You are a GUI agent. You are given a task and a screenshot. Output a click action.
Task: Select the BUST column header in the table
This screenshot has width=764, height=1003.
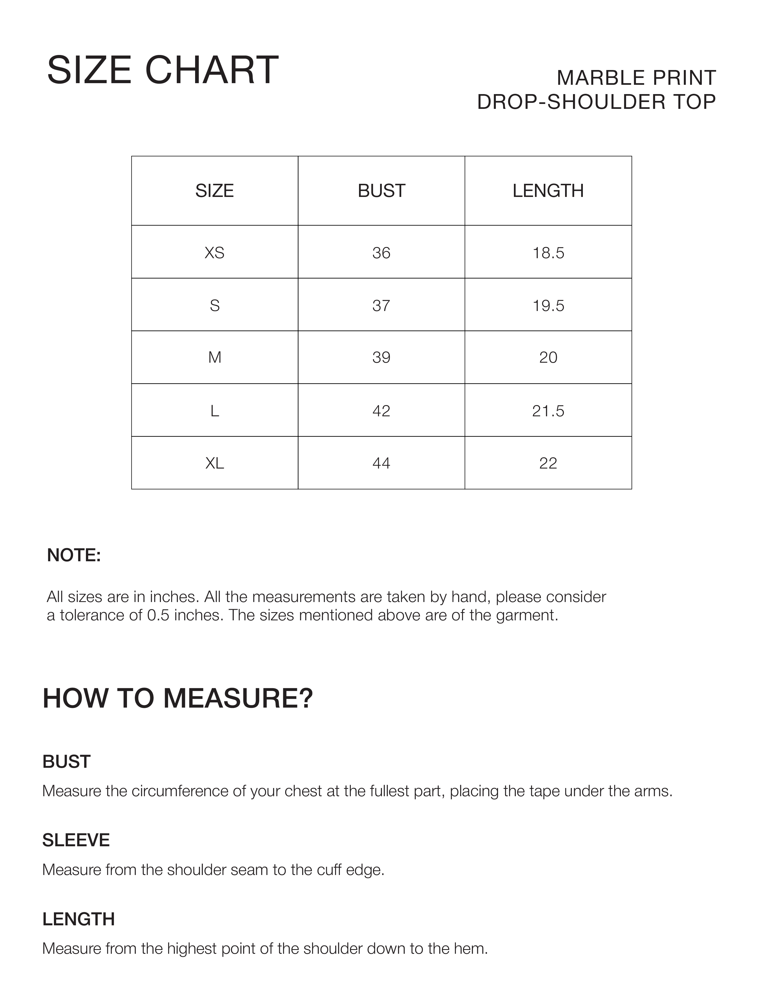pyautogui.click(x=381, y=191)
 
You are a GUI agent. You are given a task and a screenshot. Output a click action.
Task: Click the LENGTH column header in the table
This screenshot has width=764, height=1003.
pyautogui.click(x=548, y=191)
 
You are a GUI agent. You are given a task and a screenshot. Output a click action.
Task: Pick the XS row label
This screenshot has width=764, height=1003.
pyautogui.click(x=215, y=253)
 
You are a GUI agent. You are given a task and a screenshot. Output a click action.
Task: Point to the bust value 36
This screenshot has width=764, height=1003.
pyautogui.click(x=381, y=253)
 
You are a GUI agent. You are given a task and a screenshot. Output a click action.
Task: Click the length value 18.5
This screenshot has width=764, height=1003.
pyautogui.click(x=548, y=253)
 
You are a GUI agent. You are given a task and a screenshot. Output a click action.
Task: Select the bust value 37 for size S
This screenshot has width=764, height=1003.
pyautogui.click(x=381, y=306)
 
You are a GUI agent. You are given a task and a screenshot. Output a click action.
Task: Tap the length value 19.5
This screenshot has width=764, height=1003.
pyautogui.click(x=548, y=306)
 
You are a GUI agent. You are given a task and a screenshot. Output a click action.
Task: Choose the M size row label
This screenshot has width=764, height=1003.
pyautogui.click(x=215, y=358)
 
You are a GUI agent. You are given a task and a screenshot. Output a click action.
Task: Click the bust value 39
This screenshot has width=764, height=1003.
pyautogui.click(x=381, y=358)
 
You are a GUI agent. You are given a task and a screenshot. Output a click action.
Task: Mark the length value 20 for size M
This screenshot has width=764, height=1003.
pyautogui.click(x=548, y=358)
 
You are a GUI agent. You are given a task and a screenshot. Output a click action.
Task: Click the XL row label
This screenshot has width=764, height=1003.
pyautogui.click(x=215, y=463)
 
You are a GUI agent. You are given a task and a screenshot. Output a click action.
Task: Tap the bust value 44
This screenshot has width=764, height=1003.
pyautogui.click(x=381, y=463)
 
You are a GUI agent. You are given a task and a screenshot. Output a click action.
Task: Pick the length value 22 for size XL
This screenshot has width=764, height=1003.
pyautogui.click(x=548, y=463)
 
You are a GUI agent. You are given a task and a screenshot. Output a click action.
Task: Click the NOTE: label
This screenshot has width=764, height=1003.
pyautogui.click(x=74, y=555)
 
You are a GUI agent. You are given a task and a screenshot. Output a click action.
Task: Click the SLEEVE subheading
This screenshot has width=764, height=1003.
pyautogui.click(x=76, y=840)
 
